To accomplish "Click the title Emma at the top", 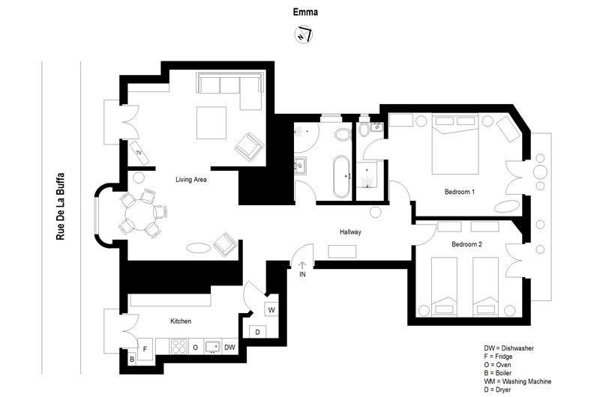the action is click(305, 12).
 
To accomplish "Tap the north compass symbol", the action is click(304, 34).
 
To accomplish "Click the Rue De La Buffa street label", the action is click(61, 207).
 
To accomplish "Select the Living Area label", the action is click(191, 179).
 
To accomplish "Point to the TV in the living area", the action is click(139, 153).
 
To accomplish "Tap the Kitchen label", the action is click(181, 321).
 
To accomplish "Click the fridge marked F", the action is click(145, 349).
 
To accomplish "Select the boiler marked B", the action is click(132, 359).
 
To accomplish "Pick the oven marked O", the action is click(195, 348).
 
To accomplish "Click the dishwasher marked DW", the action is click(229, 348).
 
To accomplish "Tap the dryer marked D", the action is click(257, 332).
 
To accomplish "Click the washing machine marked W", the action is click(271, 309).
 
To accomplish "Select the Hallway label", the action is click(350, 231).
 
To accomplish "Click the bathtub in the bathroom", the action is click(341, 177).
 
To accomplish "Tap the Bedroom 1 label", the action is click(460, 192).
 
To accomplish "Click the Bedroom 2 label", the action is click(466, 243).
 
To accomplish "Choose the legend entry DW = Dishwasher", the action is click(508, 348).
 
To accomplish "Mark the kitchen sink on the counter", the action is click(212, 347).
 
